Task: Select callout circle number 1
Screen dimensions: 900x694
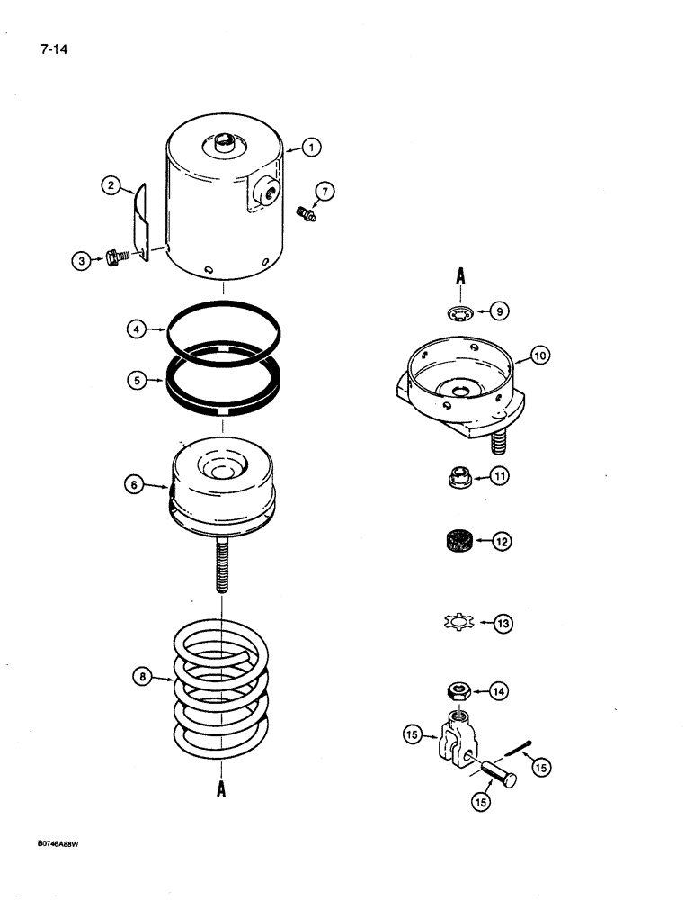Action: click(311, 148)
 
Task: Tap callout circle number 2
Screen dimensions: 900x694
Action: click(111, 186)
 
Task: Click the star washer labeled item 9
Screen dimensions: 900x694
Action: click(459, 313)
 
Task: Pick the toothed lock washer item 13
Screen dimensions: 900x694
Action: click(459, 622)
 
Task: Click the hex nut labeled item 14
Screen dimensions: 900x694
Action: click(459, 691)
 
